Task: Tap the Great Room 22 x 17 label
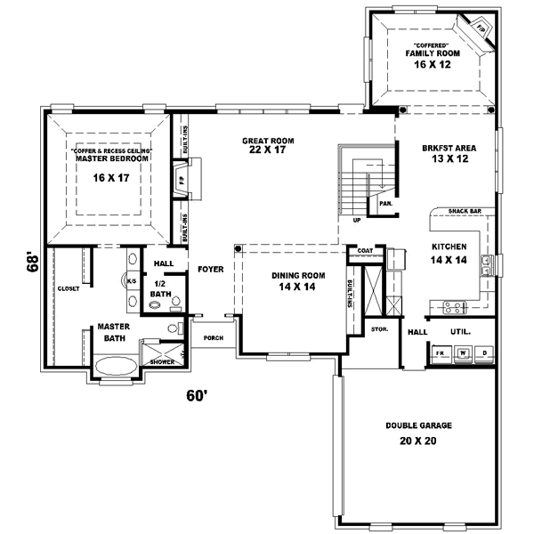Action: pyautogui.click(x=268, y=146)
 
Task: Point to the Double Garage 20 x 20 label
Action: pyautogui.click(x=418, y=433)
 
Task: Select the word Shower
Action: pyautogui.click(x=162, y=362)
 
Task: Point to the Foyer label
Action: pyautogui.click(x=210, y=268)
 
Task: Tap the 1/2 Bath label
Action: pyautogui.click(x=160, y=288)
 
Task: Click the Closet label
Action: pyautogui.click(x=69, y=288)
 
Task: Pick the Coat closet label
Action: pyautogui.click(x=364, y=251)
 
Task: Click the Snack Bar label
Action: pyautogui.click(x=465, y=211)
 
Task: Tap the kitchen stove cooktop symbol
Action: pyautogui.click(x=451, y=309)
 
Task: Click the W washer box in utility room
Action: pyautogui.click(x=463, y=352)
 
